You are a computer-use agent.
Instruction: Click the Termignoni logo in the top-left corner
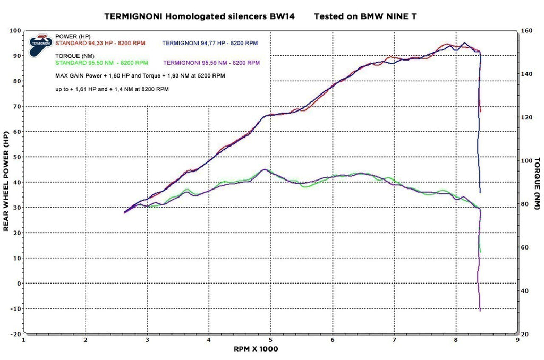pos(40,43)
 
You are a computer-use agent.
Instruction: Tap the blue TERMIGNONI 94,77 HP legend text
pos(210,42)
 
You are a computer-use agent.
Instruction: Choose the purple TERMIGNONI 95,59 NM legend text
pos(212,62)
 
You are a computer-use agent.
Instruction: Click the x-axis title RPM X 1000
pos(256,349)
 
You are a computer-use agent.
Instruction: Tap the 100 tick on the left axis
pos(14,31)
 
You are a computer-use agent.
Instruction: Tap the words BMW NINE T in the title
pos(391,16)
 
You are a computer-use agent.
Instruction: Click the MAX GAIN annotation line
pos(140,76)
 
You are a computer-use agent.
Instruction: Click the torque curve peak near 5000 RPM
pos(263,170)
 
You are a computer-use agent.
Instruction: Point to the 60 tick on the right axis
pos(526,248)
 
